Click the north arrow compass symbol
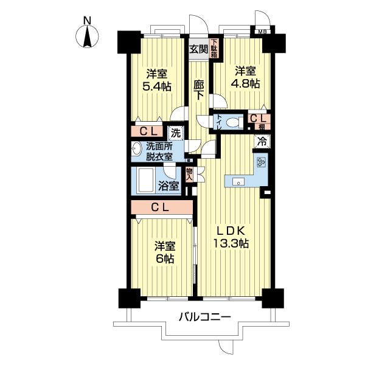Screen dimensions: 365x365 click(x=87, y=36)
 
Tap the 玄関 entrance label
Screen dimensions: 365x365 click(x=198, y=49)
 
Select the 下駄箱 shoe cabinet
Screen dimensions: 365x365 click(x=214, y=48)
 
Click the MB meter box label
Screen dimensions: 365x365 click(x=262, y=32)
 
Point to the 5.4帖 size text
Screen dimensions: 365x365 click(x=157, y=87)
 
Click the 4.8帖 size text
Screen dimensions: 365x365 click(x=245, y=84)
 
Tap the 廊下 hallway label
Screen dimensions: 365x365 click(x=198, y=90)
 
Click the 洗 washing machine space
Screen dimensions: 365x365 click(x=176, y=133)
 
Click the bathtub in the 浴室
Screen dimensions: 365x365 click(x=145, y=181)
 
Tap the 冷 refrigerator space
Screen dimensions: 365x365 click(x=262, y=142)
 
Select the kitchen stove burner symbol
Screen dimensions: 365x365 click(x=261, y=162)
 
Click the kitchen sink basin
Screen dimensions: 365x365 click(x=238, y=181)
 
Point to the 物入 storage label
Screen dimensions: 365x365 click(x=189, y=175)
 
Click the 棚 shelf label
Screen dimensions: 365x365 click(x=262, y=127)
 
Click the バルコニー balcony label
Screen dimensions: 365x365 click(x=204, y=317)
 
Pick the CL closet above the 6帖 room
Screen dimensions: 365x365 click(x=162, y=207)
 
